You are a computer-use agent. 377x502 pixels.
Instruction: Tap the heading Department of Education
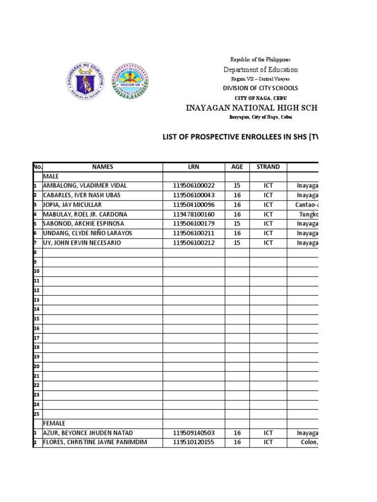[261, 70]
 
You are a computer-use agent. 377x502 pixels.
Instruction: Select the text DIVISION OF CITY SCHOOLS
[260, 88]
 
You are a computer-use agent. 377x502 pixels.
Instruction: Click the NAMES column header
[103, 167]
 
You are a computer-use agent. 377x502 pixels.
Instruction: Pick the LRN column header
[194, 167]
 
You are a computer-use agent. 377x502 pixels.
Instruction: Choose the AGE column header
[237, 167]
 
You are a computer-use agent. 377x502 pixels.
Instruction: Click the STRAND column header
[268, 167]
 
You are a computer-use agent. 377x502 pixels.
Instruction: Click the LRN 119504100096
[194, 205]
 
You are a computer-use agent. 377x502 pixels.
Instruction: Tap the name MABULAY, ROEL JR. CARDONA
[85, 214]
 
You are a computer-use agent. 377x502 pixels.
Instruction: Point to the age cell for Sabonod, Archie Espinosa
[237, 224]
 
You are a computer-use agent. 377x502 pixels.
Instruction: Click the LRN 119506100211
[194, 233]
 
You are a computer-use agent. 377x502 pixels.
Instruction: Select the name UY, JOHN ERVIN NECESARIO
[82, 243]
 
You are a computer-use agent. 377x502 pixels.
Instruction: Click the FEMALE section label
[54, 423]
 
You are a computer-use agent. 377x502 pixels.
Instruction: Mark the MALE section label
[51, 176]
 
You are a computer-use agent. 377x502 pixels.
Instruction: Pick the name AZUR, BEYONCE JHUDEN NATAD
[88, 433]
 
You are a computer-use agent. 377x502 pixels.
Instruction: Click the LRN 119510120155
[194, 442]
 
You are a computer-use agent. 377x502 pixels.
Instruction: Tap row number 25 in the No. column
[36, 414]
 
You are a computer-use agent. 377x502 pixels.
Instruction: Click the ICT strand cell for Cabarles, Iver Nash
[268, 195]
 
